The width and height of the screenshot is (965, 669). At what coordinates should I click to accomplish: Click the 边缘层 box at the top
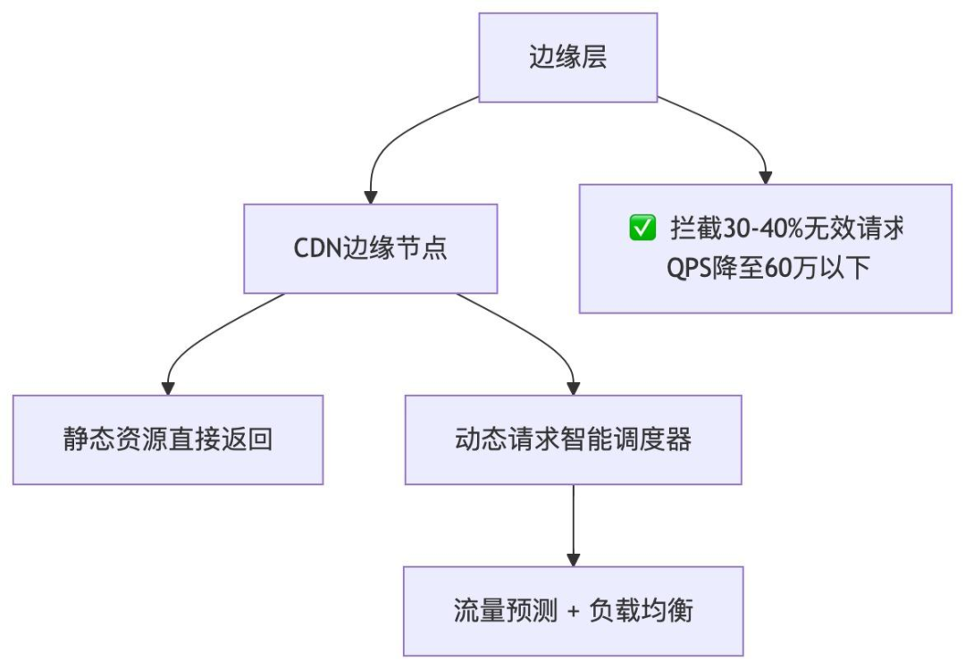[x=568, y=58]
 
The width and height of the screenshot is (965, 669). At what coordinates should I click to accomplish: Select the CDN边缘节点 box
[x=371, y=248]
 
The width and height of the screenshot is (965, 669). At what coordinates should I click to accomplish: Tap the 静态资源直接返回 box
[x=167, y=440]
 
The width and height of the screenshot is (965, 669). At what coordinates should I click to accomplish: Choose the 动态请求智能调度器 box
[x=573, y=440]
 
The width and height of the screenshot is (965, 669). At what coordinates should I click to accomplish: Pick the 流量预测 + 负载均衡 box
[x=573, y=612]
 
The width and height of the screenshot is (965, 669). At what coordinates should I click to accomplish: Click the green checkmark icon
[x=642, y=229]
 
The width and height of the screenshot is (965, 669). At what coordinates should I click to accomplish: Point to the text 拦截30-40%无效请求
[x=786, y=229]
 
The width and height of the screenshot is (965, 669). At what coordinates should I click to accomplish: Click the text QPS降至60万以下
[x=765, y=268]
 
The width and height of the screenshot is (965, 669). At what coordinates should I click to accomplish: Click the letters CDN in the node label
[x=313, y=248]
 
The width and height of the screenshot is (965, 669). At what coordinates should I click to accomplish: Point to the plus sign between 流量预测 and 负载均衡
[x=573, y=613]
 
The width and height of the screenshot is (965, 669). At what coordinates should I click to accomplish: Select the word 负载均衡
[x=642, y=612]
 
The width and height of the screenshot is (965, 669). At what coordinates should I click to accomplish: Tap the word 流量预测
[x=503, y=612]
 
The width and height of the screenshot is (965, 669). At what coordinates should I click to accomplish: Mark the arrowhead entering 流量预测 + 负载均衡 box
[x=573, y=559]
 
